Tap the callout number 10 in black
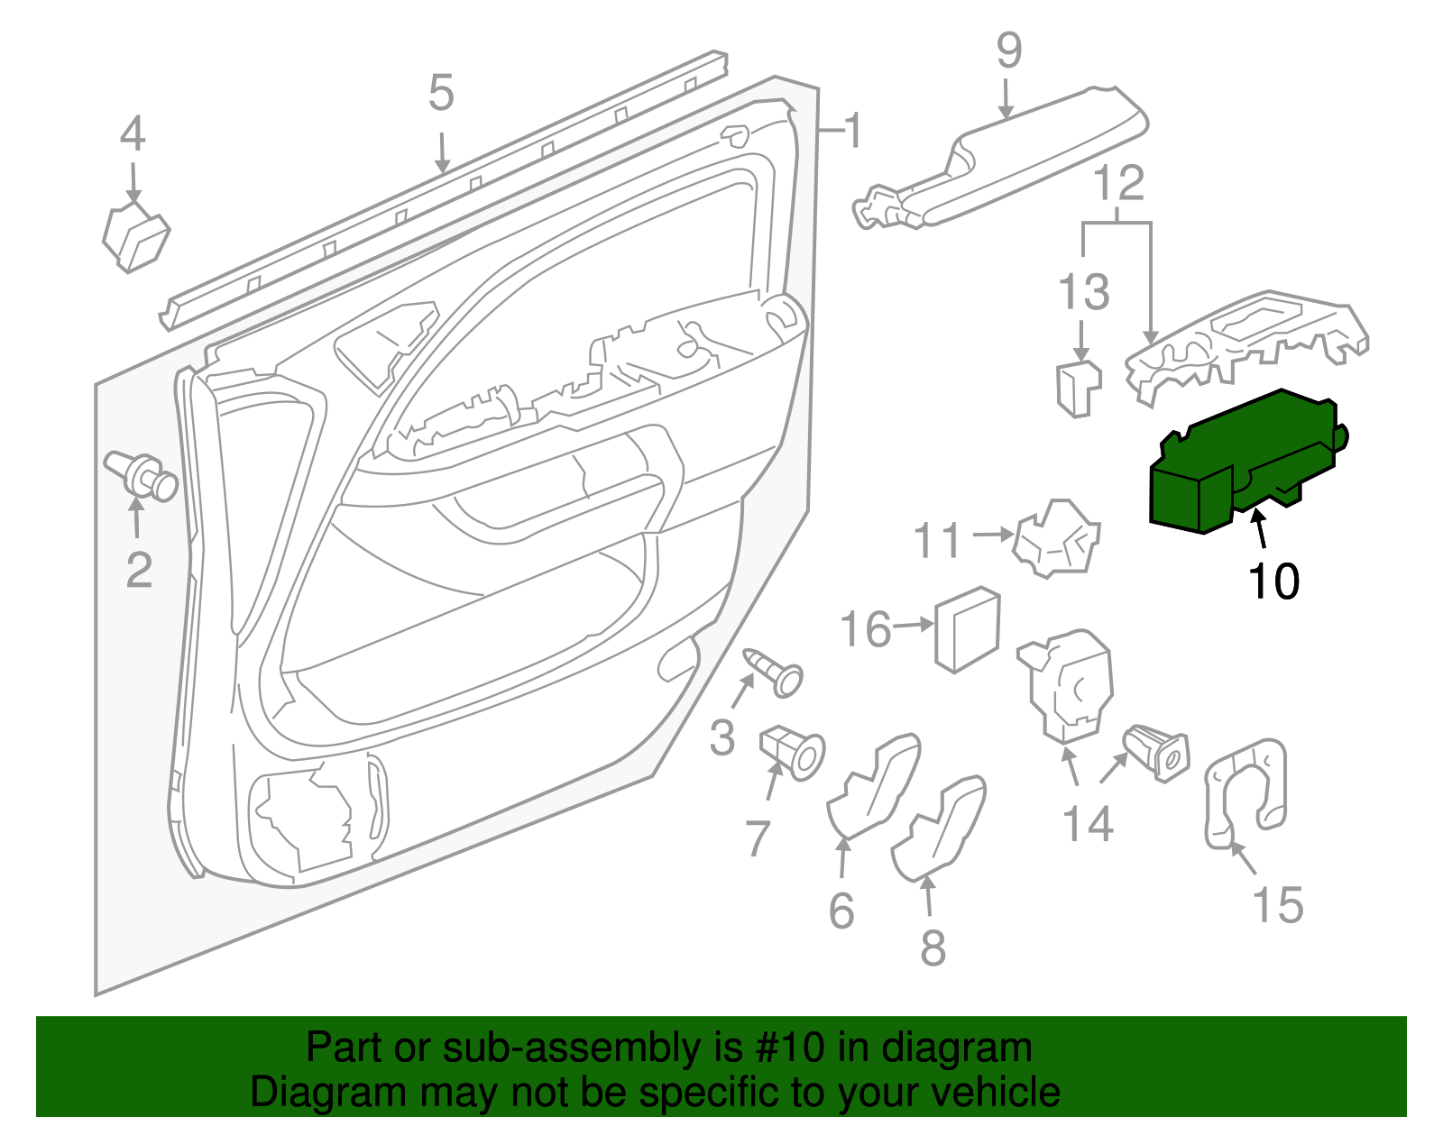click(1273, 581)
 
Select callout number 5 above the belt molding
click(441, 94)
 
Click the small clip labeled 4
click(135, 236)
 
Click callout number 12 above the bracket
click(1119, 183)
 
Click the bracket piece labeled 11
click(1056, 538)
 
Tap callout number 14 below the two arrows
click(1089, 824)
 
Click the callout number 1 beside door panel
click(851, 132)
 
